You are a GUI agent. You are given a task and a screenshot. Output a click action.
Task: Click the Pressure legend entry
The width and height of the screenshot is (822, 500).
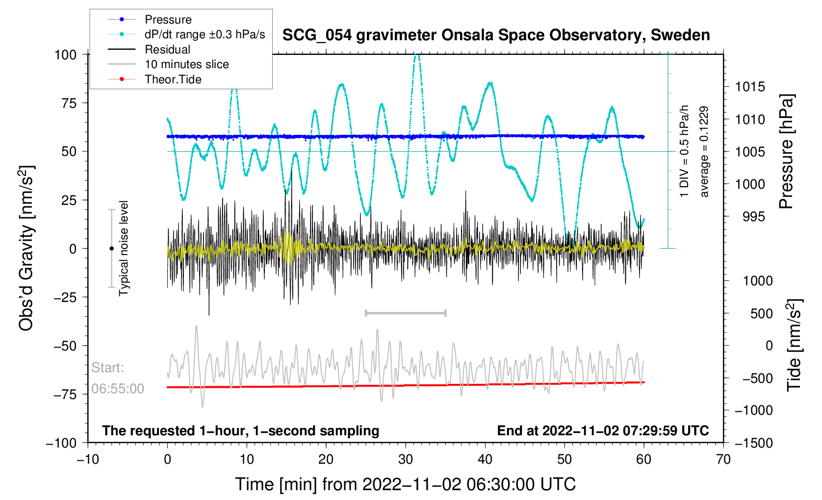pos(168,20)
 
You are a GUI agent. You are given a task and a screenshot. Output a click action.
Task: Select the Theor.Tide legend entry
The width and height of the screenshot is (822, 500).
pos(173,79)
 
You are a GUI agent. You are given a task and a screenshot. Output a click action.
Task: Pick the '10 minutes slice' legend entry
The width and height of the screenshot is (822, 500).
pos(186,64)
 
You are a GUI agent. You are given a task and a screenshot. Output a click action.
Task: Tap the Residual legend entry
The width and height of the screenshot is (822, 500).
pos(167,50)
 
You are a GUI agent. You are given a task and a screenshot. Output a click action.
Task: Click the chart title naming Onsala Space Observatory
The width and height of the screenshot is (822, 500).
pos(496,35)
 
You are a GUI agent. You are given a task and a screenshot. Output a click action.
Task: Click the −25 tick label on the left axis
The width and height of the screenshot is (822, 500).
pos(65,297)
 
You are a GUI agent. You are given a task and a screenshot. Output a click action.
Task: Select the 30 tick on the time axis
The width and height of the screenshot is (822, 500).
pos(406,459)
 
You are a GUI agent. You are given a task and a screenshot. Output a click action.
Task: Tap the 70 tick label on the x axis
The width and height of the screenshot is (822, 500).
pos(723,459)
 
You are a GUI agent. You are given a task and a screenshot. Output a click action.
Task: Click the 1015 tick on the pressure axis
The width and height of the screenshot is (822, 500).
pos(750,87)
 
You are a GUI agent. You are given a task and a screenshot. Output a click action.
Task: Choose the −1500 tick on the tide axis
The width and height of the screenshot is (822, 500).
pos(753,443)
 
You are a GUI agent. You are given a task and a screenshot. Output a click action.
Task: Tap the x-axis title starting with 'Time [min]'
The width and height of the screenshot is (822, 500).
pos(405,484)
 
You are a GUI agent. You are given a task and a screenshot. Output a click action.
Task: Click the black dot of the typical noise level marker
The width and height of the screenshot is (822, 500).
pos(111,249)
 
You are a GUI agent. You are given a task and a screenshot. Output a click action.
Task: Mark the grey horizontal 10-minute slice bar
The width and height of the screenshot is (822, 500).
pos(406,313)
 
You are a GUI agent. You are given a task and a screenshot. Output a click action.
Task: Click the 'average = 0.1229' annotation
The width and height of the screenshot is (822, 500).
pos(704,151)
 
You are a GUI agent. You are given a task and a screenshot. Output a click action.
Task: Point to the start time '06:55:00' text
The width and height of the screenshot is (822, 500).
pos(118,389)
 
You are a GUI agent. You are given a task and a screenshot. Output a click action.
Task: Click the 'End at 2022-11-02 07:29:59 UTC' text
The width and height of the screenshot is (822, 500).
pos(603,431)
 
